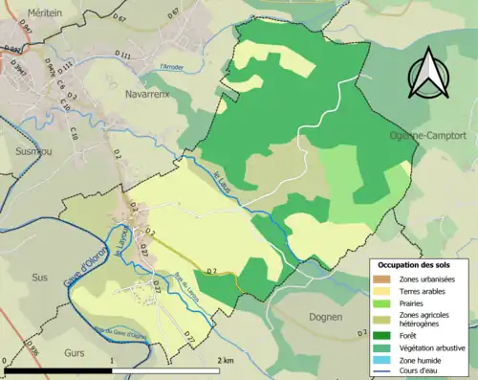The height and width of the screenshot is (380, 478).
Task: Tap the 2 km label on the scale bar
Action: tap(227, 361)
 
